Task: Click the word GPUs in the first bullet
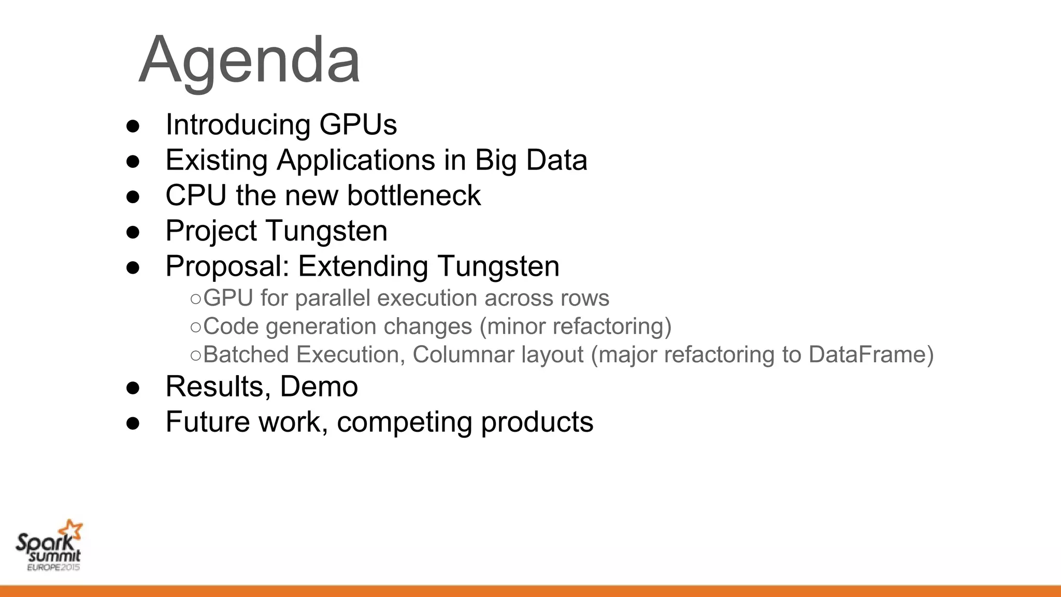coord(358,125)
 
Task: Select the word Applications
coord(356,160)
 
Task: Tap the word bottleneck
coord(413,195)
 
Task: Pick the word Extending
coord(363,266)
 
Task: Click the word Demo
coord(319,387)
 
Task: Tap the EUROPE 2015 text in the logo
coord(53,567)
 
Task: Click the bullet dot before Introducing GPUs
coord(133,126)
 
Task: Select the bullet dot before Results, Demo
coord(133,388)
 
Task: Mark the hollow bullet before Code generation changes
coord(195,327)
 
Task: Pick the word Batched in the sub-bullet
coord(246,355)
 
